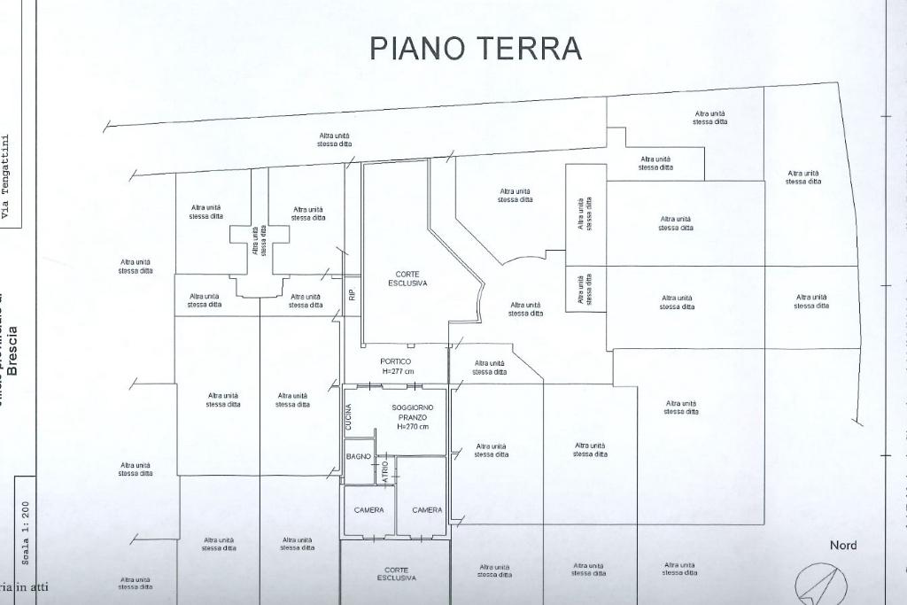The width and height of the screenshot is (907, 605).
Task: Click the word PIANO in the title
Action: point(416,48)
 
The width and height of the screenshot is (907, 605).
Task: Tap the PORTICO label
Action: point(395,361)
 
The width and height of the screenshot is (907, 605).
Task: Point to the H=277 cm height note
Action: point(398,372)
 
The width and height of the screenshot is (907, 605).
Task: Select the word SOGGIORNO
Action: point(413,407)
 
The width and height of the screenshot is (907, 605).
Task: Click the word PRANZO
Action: point(413,417)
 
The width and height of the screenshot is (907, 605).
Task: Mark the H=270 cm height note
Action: point(413,427)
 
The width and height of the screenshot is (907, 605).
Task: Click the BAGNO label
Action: point(358,456)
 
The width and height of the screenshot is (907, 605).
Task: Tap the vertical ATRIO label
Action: point(385,469)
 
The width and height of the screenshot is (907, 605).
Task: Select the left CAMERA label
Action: point(368,510)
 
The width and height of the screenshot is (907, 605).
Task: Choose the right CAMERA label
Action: point(427,510)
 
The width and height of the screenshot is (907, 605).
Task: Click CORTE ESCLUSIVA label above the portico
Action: point(407,279)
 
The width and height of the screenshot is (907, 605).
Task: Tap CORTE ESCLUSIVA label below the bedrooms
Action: point(396,574)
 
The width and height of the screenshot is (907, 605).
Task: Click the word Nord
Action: point(843,546)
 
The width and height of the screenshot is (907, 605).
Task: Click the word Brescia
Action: point(12,351)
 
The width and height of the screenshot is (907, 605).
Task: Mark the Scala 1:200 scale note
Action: point(26,532)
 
